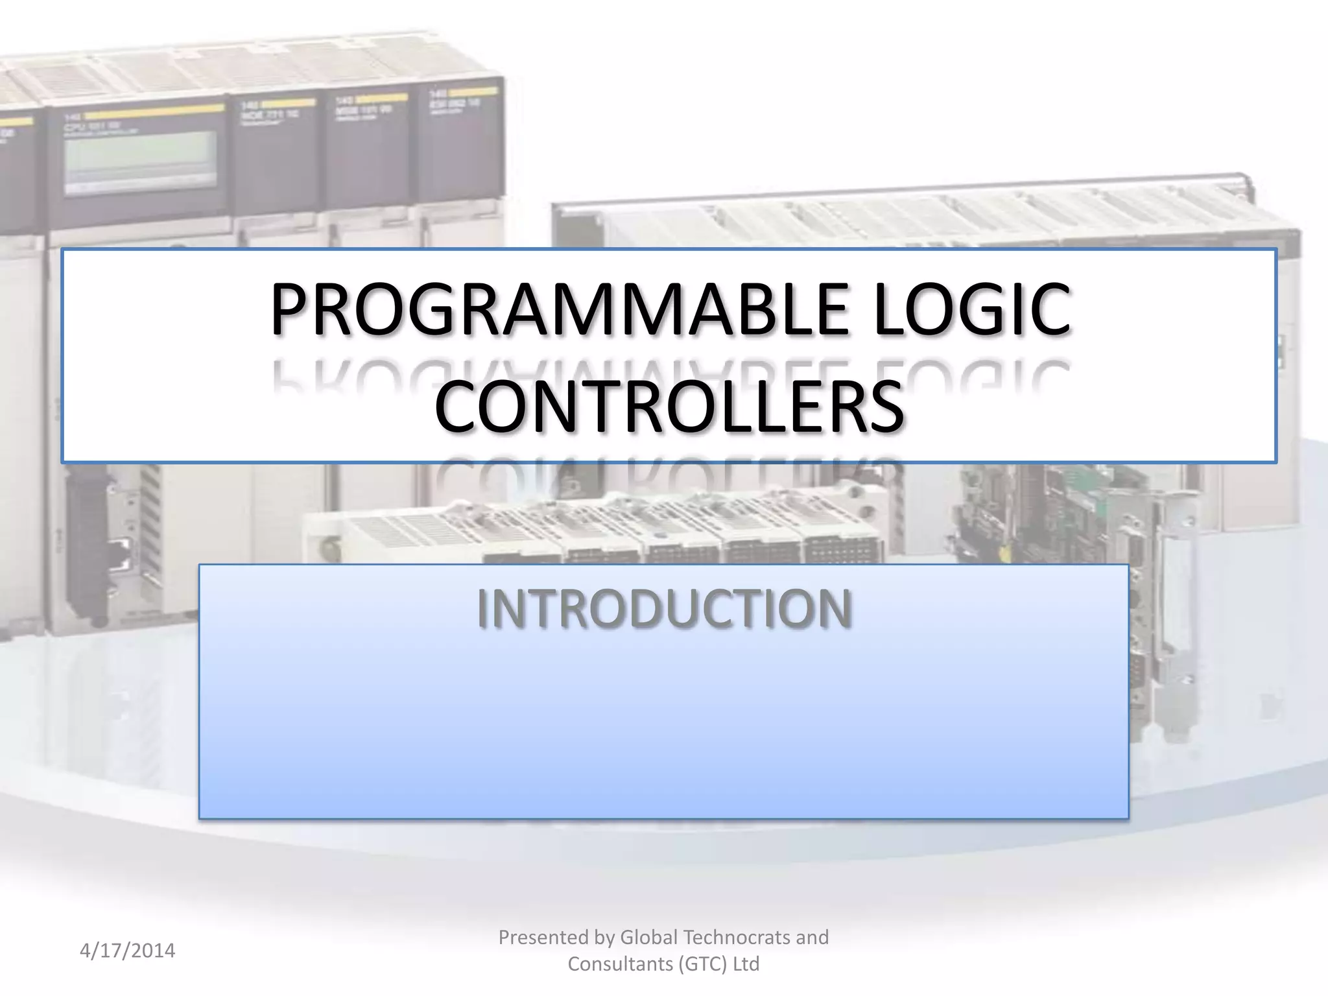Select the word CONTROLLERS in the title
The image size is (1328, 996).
click(669, 407)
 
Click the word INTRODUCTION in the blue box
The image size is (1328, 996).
click(664, 609)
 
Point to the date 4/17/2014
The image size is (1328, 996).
click(128, 951)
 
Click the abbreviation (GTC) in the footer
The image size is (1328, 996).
click(703, 964)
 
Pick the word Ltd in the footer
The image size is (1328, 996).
click(746, 964)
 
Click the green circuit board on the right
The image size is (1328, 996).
click(1063, 512)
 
